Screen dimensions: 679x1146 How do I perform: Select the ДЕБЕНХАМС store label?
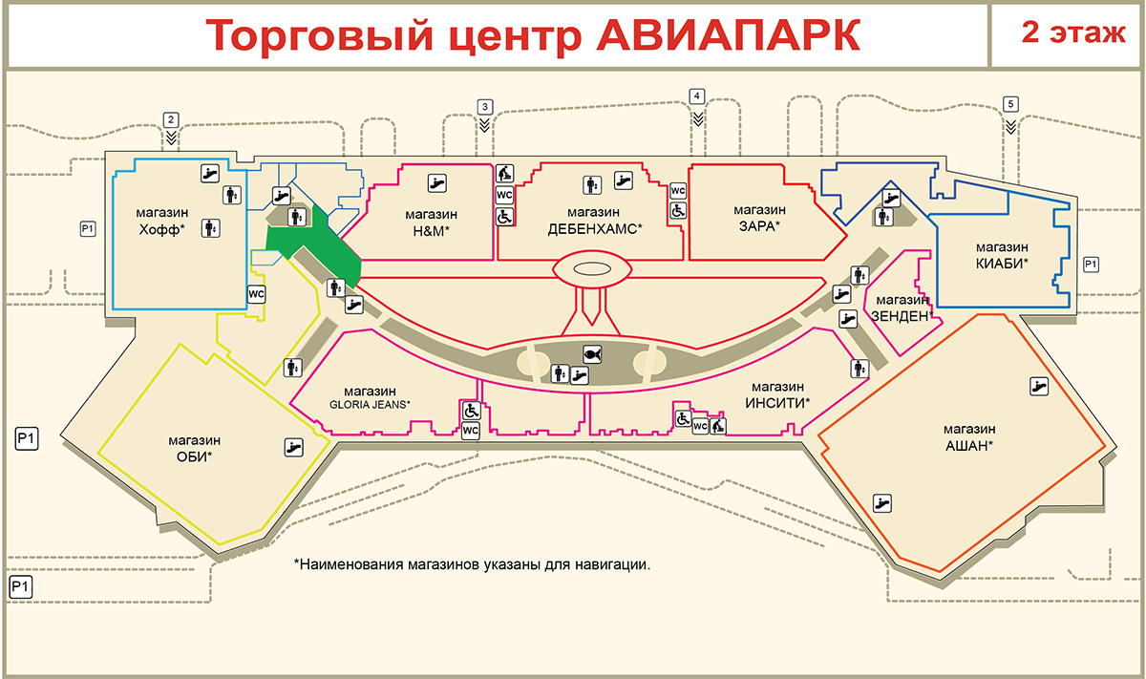[594, 221]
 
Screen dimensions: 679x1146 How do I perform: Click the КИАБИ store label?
[1001, 253]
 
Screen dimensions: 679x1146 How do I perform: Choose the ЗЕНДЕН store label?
[900, 308]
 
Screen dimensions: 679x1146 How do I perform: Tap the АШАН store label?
[968, 436]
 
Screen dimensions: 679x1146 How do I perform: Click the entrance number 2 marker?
[171, 120]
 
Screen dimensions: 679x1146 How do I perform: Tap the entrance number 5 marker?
[1010, 104]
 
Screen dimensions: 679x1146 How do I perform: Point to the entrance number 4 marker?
[697, 96]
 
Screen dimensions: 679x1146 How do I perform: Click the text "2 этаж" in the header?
[1067, 34]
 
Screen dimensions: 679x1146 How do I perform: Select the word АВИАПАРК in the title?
[726, 36]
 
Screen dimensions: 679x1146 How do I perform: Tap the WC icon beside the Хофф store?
[256, 294]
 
